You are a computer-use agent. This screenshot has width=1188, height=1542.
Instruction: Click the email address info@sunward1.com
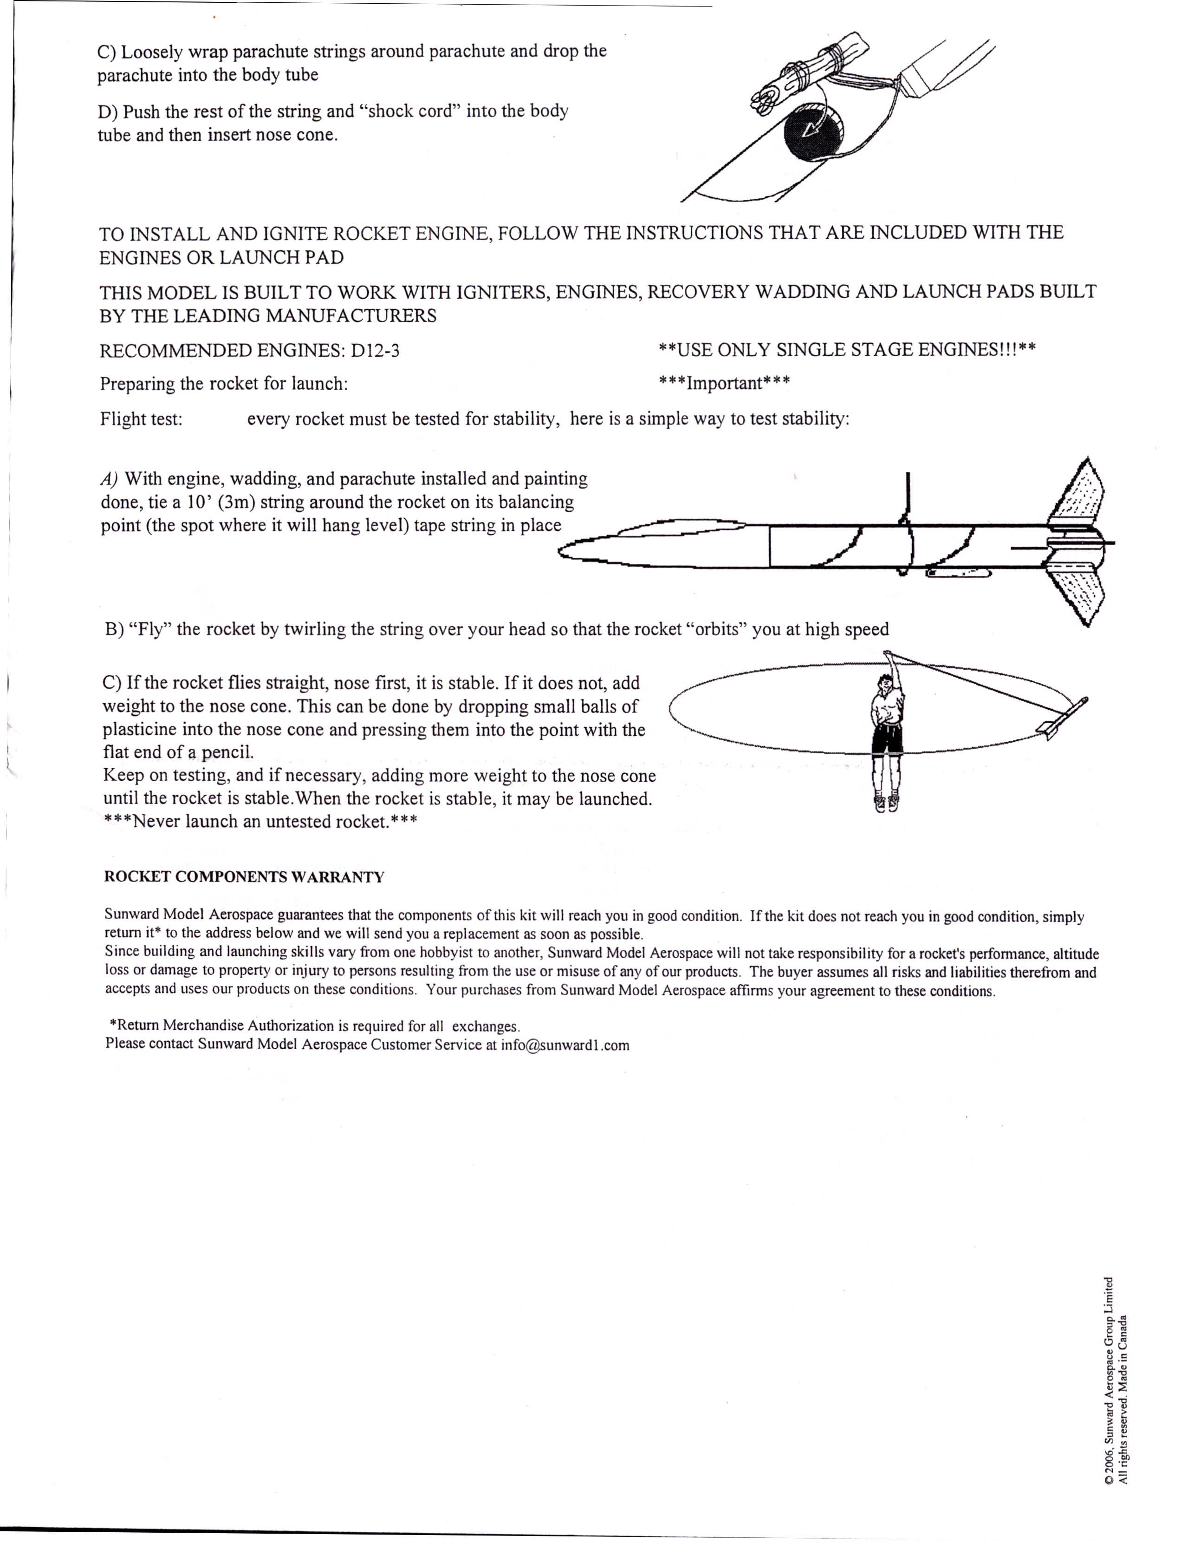[x=565, y=1045]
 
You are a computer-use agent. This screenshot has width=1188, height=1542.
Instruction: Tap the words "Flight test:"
[x=141, y=419]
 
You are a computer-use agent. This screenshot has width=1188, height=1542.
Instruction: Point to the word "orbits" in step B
[x=716, y=629]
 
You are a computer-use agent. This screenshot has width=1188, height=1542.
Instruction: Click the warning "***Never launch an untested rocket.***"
[x=260, y=822]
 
